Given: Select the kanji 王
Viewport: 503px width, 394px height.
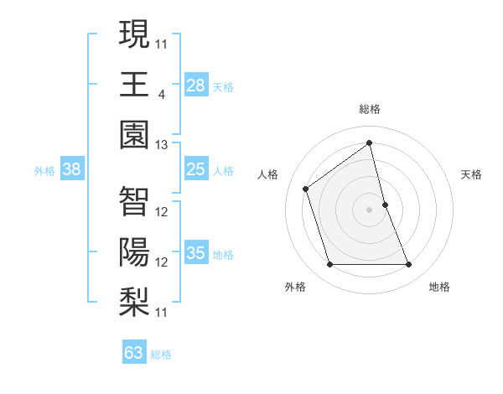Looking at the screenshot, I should [134, 84].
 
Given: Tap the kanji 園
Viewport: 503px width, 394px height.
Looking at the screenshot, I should [134, 134].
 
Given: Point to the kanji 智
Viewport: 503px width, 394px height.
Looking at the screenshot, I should [134, 201].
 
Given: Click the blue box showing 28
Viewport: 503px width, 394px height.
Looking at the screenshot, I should [196, 86].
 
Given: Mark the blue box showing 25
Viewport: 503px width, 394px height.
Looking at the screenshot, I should [196, 169].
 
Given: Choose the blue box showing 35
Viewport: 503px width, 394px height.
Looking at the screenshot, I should [196, 253].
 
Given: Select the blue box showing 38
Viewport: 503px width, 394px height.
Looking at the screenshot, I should [72, 169].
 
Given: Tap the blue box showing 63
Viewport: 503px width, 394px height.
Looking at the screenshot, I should [134, 352].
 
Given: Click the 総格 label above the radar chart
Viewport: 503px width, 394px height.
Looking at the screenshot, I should [369, 109].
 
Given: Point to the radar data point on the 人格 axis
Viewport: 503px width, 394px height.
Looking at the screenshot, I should [306, 189].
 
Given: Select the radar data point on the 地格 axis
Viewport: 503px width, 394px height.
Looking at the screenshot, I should [408, 265].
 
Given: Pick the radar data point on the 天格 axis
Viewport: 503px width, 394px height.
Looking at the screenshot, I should [385, 204].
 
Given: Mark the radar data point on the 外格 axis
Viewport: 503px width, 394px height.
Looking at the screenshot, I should [329, 265].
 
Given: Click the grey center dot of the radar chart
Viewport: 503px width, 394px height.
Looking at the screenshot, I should [369, 209].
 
